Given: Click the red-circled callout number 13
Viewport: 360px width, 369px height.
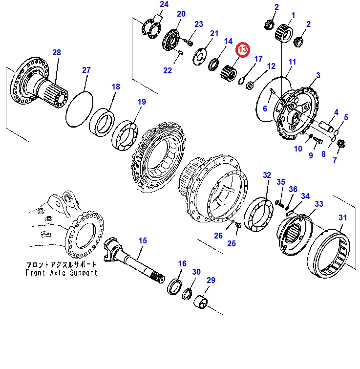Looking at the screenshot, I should click(243, 50).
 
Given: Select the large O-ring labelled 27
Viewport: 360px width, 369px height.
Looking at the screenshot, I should click(78, 109).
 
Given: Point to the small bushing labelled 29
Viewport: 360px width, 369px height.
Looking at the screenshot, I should click(203, 304).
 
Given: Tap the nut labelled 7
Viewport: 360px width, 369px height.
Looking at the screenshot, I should click(341, 145).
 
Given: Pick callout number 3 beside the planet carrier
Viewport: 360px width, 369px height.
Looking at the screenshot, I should click(318, 75).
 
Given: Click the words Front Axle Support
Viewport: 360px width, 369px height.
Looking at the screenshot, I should click(62, 273).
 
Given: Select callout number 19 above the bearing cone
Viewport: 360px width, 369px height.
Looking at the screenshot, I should click(141, 102).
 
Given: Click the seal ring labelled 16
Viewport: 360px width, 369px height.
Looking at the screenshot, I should click(175, 286).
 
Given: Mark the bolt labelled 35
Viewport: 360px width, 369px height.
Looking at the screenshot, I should click(280, 202).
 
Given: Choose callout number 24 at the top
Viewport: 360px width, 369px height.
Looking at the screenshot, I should click(164, 5).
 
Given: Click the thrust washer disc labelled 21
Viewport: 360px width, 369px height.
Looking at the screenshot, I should click(200, 55).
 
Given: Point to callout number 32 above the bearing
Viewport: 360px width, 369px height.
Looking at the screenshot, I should click(267, 175).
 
